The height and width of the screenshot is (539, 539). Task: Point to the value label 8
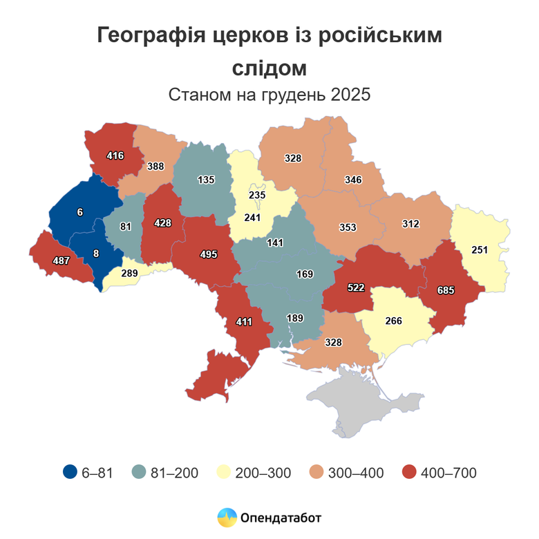[96, 254]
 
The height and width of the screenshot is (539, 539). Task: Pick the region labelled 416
[115, 155]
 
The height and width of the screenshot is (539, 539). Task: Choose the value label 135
[206, 180]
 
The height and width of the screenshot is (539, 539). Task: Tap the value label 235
[257, 196]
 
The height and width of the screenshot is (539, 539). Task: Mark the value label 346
[353, 180]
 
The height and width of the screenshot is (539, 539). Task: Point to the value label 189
[295, 318]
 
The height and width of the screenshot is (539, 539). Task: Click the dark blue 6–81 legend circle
[70, 473]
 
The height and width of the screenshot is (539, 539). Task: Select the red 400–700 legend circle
[410, 473]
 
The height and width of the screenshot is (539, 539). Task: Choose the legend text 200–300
[263, 473]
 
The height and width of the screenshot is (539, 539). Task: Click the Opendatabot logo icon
[227, 517]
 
